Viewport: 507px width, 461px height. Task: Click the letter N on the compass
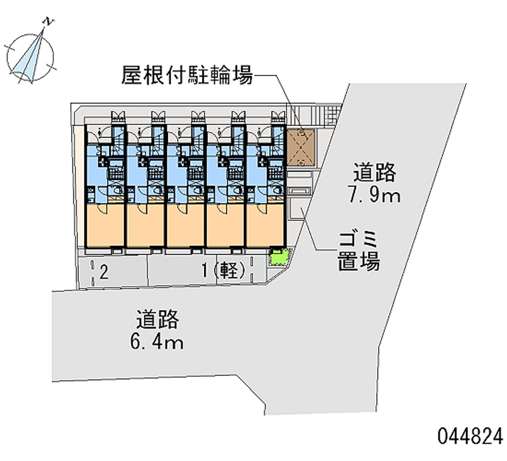click(49, 22)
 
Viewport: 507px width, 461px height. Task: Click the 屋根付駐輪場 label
click(187, 75)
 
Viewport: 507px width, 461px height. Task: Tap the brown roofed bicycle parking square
click(301, 148)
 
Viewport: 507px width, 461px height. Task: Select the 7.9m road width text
click(374, 196)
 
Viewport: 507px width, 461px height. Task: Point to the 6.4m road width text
click(157, 342)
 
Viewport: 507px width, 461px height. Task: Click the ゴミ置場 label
click(359, 250)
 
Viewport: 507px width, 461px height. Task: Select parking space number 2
click(104, 272)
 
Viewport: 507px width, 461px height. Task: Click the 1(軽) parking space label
click(224, 271)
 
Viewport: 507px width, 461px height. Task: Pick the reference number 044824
click(470, 436)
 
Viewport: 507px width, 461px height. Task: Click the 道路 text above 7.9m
click(375, 172)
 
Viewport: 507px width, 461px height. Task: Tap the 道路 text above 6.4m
click(157, 320)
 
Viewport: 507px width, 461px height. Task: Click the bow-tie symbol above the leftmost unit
click(118, 115)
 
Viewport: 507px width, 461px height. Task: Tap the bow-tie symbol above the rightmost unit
click(278, 115)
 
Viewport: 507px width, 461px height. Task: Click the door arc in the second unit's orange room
click(141, 209)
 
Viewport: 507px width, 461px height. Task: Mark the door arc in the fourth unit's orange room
click(222, 209)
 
